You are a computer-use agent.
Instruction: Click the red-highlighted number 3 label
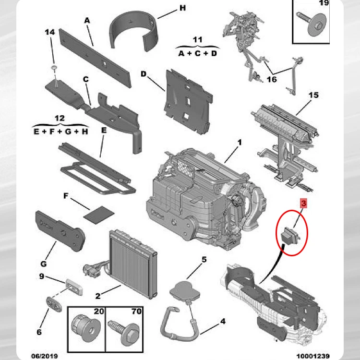tap(303, 204)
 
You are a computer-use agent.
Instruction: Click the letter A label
tap(87, 21)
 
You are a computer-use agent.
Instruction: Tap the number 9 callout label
tap(42, 276)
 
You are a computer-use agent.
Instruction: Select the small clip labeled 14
tap(55, 66)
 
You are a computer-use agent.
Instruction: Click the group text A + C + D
tap(198, 53)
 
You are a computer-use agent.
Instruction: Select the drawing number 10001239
tap(313, 356)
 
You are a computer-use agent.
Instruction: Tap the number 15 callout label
tap(313, 96)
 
